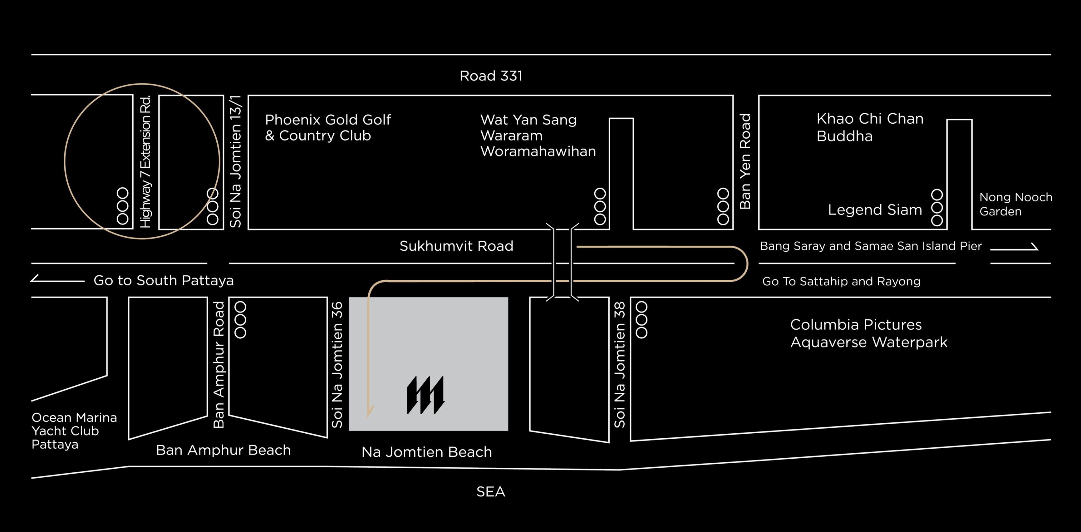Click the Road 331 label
coord(491,76)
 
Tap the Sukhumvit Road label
coord(456,246)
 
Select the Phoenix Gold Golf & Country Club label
coord(328,128)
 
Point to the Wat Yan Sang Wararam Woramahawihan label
coord(538,135)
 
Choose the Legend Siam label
coord(875,210)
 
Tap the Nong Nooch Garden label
coord(1015,204)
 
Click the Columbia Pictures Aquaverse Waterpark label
coord(869,333)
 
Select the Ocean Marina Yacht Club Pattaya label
coord(74,431)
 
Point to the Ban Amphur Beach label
coord(223,450)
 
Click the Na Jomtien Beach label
coord(426,452)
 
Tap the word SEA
coord(491,492)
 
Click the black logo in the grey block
coord(425,395)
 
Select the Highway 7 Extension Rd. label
coord(145,161)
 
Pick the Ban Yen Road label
coord(745,161)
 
